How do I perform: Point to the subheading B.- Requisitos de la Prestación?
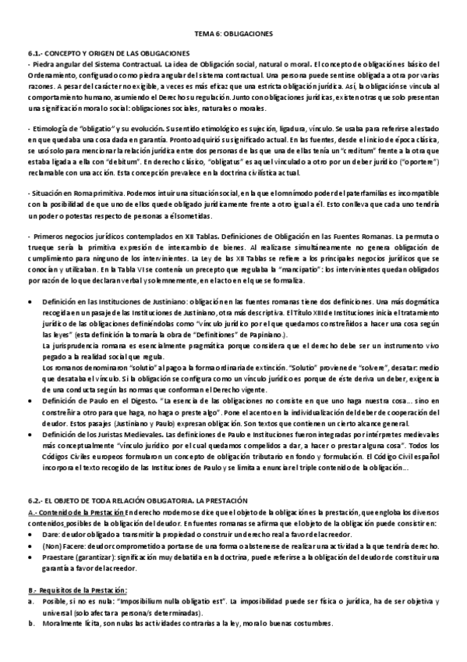point(78,590)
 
